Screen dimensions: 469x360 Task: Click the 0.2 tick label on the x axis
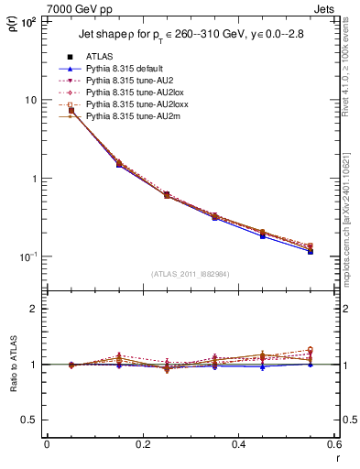(142, 444)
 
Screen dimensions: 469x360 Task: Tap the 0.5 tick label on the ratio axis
(29, 420)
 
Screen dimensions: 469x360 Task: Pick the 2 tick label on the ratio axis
(34, 310)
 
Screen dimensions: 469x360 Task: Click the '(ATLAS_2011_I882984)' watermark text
(190, 273)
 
